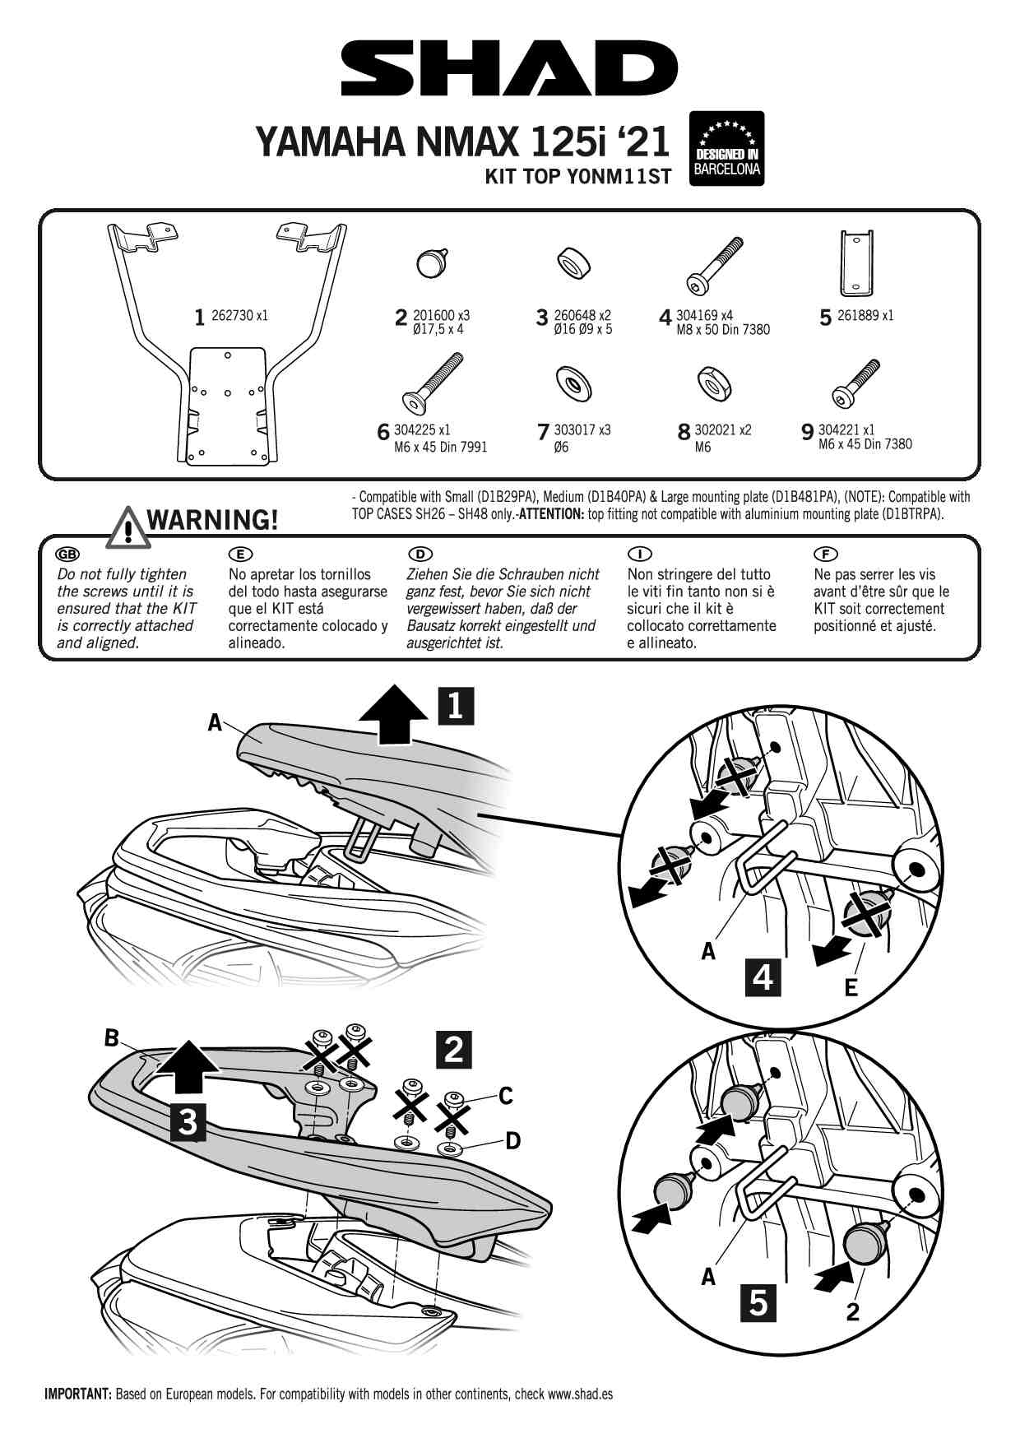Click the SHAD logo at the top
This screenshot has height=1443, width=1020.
tap(509, 70)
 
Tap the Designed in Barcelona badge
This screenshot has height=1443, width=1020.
tap(726, 148)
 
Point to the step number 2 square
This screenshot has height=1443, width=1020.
tap(454, 1049)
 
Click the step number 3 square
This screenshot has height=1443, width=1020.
tap(188, 1121)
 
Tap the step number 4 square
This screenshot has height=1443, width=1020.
tap(763, 977)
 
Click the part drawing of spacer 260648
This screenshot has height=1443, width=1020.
tap(574, 264)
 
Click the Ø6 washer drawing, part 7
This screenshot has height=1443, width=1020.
tap(573, 383)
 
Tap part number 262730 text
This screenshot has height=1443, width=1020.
tap(239, 315)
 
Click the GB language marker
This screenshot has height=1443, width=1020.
tap(67, 554)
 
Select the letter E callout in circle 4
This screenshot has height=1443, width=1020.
tap(851, 986)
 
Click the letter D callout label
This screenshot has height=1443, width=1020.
tap(512, 1140)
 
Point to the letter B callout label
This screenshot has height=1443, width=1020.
tap(112, 1038)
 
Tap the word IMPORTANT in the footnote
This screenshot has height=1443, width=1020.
tap(77, 1394)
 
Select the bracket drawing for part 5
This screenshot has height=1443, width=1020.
tap(856, 262)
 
